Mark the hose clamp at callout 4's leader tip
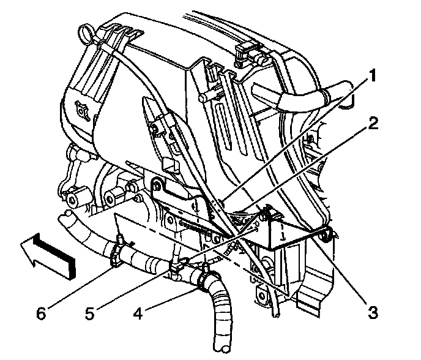(200, 279)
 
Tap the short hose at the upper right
(300, 95)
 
